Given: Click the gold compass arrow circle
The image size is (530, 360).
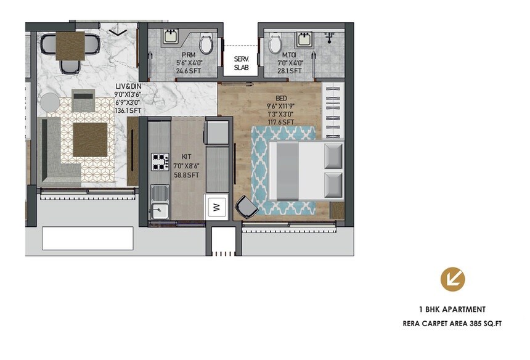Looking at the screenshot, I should [452, 279].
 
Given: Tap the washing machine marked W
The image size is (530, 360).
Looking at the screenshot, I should [216, 207].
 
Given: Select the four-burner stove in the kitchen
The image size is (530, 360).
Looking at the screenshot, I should [160, 162].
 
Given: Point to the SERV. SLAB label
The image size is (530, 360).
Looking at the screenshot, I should [241, 63].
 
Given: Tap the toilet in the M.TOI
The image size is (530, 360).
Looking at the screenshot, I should [274, 44].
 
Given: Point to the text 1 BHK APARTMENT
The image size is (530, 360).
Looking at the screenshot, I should [452, 309].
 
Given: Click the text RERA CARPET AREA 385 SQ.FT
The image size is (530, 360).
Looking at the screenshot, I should [452, 323].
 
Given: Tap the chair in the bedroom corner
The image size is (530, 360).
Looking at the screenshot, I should [247, 208].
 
